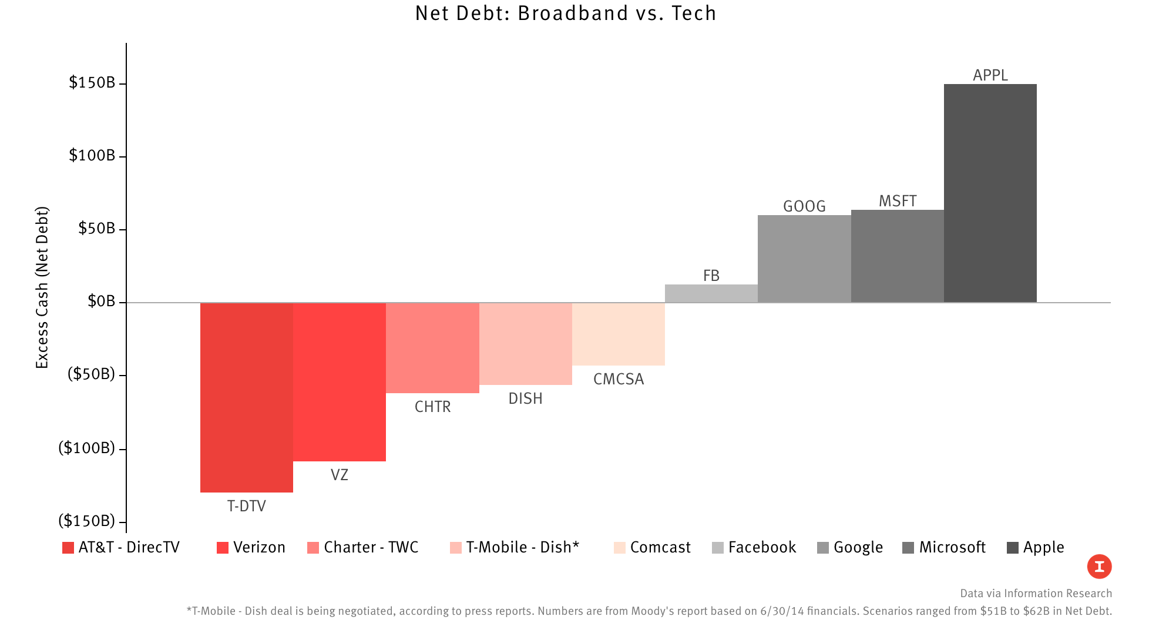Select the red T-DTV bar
pyautogui.click(x=246, y=397)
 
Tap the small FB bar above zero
pyautogui.click(x=711, y=293)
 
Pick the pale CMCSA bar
pyautogui.click(x=618, y=334)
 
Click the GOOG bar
pyautogui.click(x=804, y=259)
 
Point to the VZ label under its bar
pyautogui.click(x=339, y=474)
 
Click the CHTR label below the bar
pyautogui.click(x=432, y=407)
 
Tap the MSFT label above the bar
pyautogui.click(x=897, y=201)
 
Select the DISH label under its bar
pyautogui.click(x=525, y=398)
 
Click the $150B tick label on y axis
pyautogui.click(x=92, y=83)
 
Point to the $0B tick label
pyautogui.click(x=101, y=302)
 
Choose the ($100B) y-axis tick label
pyautogui.click(x=87, y=448)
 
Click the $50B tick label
pyautogui.click(x=96, y=228)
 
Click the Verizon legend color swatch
pyautogui.click(x=223, y=548)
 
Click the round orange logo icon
pyautogui.click(x=1099, y=567)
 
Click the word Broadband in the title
pyautogui.click(x=573, y=13)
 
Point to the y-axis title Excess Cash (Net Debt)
pyautogui.click(x=42, y=288)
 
